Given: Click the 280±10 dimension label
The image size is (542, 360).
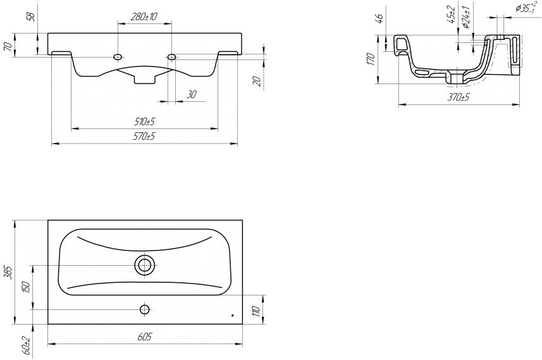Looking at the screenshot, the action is point(144,16).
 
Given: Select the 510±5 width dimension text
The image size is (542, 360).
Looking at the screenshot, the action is point(144,121).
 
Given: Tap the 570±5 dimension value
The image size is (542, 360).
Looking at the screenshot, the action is point(144,136).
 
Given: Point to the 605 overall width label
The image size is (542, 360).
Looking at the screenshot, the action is point(144,337).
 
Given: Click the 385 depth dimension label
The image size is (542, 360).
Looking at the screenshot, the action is point(9,273).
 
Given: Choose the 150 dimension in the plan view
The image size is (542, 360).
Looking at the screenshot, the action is point(27,287).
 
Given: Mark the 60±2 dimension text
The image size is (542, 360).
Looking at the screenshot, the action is point(28,347).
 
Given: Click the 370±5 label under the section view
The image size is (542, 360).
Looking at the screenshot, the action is point(459,97).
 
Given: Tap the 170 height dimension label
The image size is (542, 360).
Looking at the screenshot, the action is point(371,59).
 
